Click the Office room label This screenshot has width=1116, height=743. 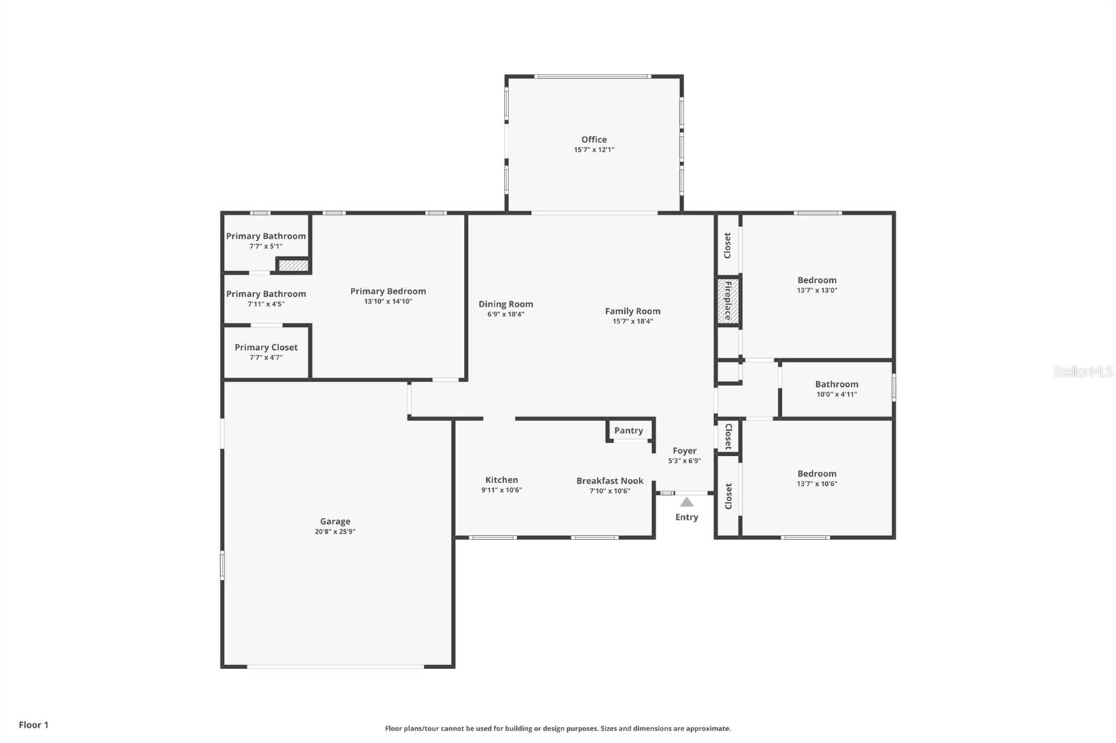[x=594, y=139]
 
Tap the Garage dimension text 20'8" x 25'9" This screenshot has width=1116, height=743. [x=335, y=532]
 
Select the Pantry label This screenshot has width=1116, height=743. [x=628, y=431]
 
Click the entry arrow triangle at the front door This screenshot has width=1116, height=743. [x=686, y=502]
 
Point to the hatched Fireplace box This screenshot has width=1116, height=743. [x=727, y=301]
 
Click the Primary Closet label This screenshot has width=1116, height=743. [x=266, y=347]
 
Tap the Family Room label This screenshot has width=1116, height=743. [x=632, y=312]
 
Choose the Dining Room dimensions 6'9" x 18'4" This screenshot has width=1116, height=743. [x=506, y=314]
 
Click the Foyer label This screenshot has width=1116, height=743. [x=684, y=451]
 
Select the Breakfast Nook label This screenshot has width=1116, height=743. [x=610, y=481]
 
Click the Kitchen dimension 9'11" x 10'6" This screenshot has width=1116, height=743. [x=502, y=490]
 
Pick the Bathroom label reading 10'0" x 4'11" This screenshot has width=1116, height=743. [x=836, y=384]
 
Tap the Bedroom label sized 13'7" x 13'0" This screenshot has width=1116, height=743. [x=817, y=280]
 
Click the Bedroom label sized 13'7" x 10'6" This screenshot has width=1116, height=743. [x=817, y=473]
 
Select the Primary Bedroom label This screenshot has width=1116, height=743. [x=388, y=291]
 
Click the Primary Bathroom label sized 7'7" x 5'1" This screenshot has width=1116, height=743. [x=266, y=236]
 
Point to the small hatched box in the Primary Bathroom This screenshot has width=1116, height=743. [x=293, y=265]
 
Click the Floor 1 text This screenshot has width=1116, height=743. [x=33, y=725]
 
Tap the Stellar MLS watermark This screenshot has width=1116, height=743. [x=1083, y=371]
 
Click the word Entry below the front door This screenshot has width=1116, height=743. [x=686, y=517]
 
